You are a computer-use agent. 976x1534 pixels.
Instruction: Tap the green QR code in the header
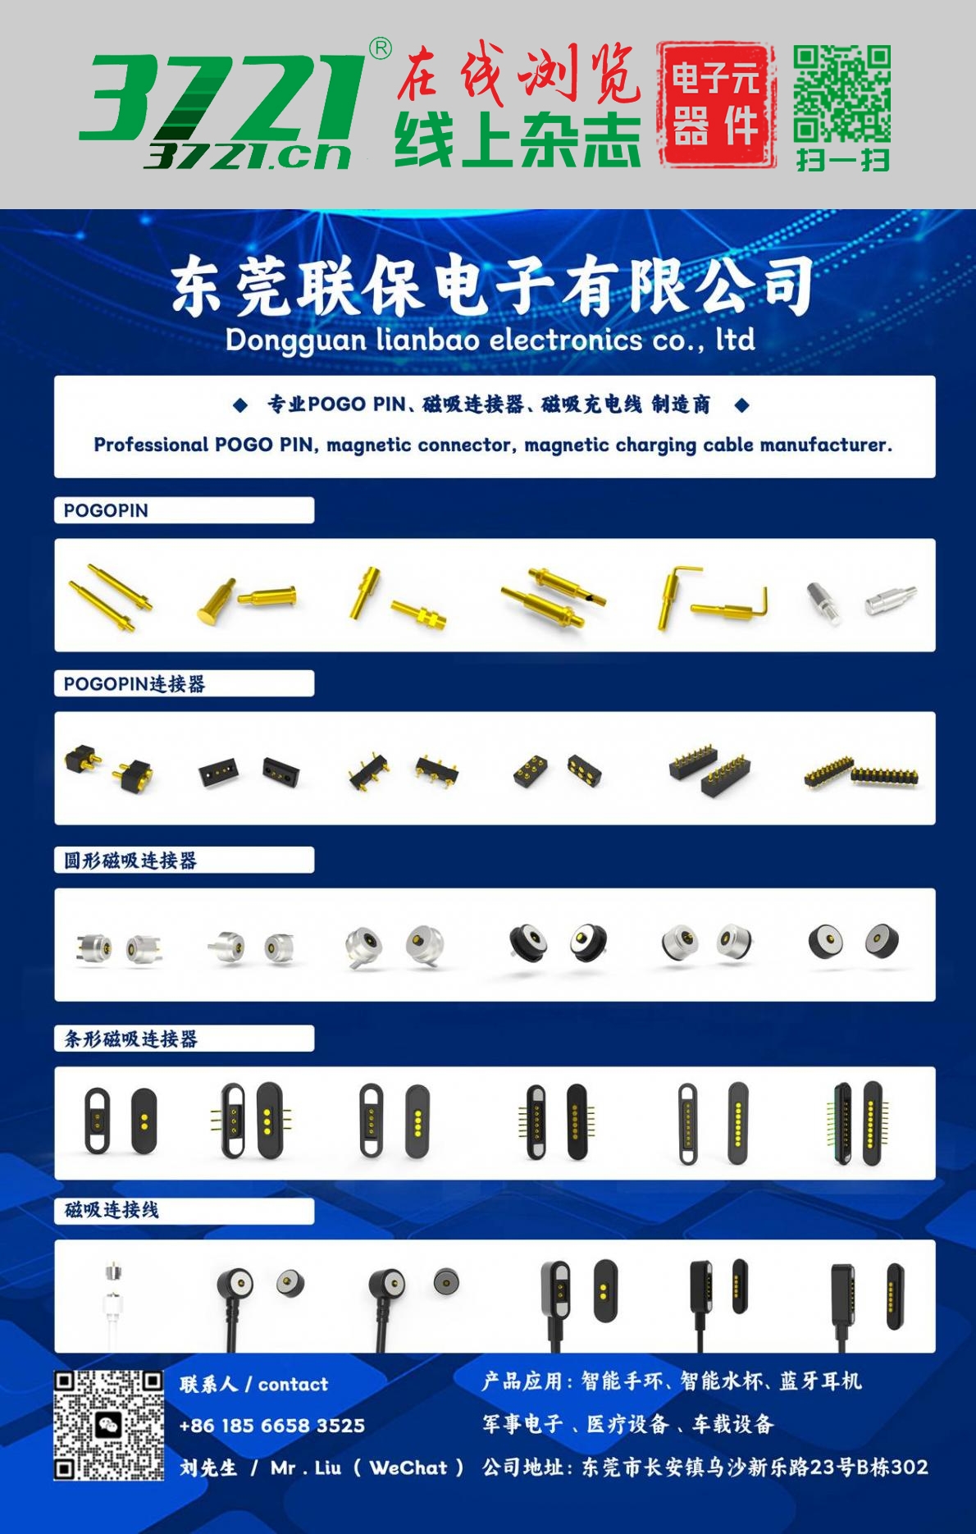coord(842,94)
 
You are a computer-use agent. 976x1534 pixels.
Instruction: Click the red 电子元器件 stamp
coord(716,105)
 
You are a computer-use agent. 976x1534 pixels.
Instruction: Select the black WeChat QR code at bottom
coord(108,1425)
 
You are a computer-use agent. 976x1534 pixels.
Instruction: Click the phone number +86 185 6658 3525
coord(271,1426)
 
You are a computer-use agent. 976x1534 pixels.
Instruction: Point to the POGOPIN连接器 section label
coord(135,684)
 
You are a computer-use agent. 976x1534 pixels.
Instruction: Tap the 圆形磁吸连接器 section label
coord(130,861)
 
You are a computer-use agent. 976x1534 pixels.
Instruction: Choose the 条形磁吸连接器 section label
coord(130,1039)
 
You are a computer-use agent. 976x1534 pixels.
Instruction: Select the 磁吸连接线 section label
coord(112,1210)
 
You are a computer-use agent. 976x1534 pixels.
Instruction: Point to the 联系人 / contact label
coord(253,1385)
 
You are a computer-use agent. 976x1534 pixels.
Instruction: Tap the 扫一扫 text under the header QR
coord(842,159)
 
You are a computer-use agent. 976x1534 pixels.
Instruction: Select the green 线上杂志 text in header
coord(518,140)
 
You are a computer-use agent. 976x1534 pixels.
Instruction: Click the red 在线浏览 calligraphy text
coord(518,74)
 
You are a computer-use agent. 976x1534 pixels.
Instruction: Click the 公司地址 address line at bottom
coord(705,1468)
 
